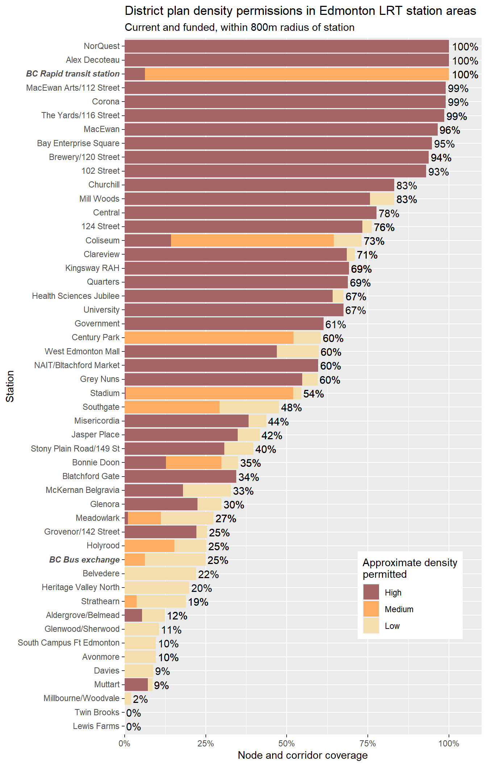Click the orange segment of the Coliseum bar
coord(252,240)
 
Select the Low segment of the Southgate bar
coord(249,407)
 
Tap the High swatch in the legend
coord(371,592)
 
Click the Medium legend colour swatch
coord(371,609)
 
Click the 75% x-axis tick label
coord(367,743)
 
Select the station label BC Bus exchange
coord(84,560)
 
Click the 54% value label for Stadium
coord(313,394)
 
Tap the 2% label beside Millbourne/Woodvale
coord(140,699)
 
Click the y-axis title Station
coord(10,386)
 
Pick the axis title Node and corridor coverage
coord(303,755)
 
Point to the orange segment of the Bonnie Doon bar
coord(193,462)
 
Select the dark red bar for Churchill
coord(259,185)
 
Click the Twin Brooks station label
coord(97,712)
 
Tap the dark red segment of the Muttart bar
coord(136,684)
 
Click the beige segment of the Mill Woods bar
coord(382,199)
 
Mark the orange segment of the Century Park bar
coord(209,338)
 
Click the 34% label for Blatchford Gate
coord(249,477)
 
